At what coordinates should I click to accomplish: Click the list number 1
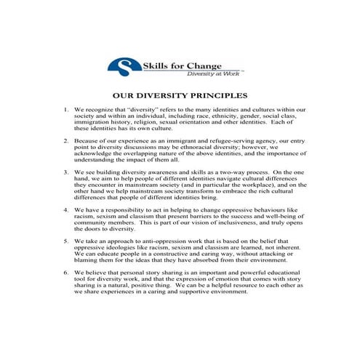click(65, 110)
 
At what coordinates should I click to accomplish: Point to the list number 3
click(65, 172)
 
